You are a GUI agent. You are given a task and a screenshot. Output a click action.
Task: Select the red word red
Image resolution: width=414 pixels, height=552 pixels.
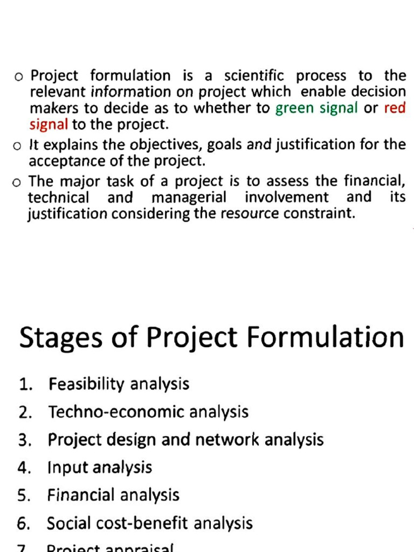coord(395,108)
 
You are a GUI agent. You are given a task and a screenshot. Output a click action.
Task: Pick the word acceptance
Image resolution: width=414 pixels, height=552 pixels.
coord(65,161)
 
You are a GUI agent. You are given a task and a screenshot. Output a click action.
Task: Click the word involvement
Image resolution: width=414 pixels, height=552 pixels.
coord(286,197)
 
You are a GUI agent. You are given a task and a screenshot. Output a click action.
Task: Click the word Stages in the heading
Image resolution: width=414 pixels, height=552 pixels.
coord(59,339)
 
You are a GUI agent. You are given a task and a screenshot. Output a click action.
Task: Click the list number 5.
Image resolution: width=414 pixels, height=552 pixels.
coord(24,495)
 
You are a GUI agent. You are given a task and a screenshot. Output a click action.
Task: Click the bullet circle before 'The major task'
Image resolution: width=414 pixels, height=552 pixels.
coord(17,182)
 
